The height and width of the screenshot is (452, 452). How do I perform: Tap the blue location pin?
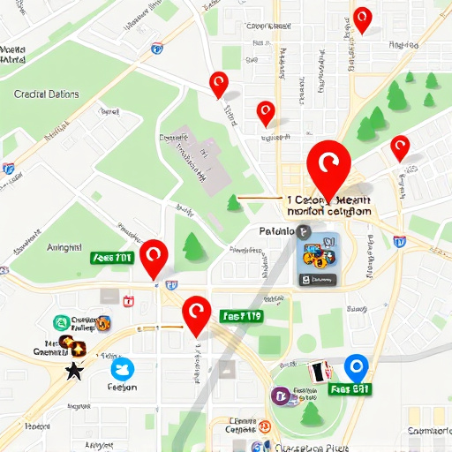pos(356,366)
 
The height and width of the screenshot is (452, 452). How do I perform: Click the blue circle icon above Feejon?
pos(122,367)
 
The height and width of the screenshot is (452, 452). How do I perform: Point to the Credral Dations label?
pos(47,94)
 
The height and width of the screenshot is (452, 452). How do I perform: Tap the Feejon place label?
pos(122,387)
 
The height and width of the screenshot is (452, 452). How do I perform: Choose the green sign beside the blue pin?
pos(350,388)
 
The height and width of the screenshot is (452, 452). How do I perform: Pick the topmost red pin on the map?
pos(362,19)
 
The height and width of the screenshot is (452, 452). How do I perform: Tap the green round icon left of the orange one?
pos(62,323)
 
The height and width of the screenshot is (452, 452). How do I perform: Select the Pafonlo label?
pos(276,231)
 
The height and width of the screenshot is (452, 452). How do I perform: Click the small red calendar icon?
pos(129,302)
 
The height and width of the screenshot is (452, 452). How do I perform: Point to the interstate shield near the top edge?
pos(157,49)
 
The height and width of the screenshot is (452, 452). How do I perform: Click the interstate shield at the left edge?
pos(8,168)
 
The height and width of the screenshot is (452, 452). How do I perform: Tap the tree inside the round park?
pos(311,411)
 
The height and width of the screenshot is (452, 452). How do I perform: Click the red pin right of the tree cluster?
pos(400,147)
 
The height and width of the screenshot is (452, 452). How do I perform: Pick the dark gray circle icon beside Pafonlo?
pos(305,231)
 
